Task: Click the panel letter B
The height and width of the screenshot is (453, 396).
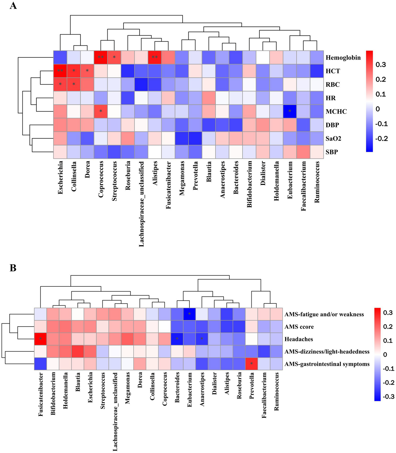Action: (x=13, y=268)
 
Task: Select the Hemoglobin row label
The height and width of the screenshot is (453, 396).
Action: (x=343, y=57)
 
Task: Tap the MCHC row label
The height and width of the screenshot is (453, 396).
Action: (x=336, y=111)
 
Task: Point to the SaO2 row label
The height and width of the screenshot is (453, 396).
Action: (x=333, y=138)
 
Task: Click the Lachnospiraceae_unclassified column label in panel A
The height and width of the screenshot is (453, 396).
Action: (x=141, y=204)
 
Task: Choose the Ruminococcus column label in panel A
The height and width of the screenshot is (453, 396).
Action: (x=317, y=182)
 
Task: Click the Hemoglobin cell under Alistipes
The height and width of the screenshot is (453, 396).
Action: (x=155, y=57)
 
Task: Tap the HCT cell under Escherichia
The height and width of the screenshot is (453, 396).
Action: (x=60, y=71)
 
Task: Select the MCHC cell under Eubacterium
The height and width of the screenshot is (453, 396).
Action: (x=290, y=111)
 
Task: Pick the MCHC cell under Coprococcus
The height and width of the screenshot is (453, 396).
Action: (x=101, y=111)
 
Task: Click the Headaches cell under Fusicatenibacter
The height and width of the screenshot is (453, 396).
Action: (x=41, y=339)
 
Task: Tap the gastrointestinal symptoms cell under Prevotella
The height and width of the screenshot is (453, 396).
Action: (x=252, y=364)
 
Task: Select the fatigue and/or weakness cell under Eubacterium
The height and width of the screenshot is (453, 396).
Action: (x=190, y=314)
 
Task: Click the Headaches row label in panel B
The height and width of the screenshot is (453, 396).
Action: (x=298, y=339)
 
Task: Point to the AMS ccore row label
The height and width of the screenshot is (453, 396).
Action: (x=299, y=327)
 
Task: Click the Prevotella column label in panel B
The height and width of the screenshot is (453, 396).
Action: (x=252, y=385)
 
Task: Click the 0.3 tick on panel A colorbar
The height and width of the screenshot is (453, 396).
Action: (x=381, y=64)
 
